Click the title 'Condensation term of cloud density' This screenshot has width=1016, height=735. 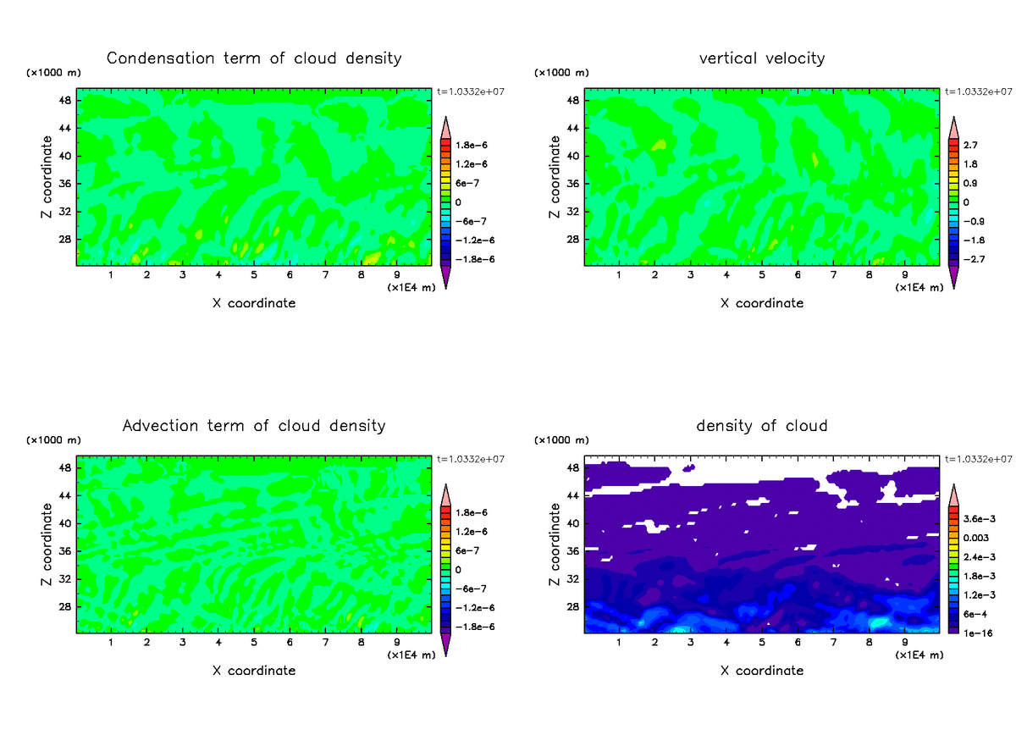pyautogui.click(x=254, y=58)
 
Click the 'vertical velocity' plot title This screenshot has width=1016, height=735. pyautogui.click(x=762, y=58)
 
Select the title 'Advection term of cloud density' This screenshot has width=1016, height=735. pyautogui.click(x=254, y=425)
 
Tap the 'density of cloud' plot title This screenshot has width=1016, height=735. pyautogui.click(x=762, y=425)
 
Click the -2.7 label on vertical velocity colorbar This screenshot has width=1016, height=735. pyautogui.click(x=975, y=259)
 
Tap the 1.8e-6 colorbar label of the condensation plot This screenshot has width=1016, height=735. pyautogui.click(x=471, y=146)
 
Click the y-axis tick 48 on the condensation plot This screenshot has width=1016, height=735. pyautogui.click(x=63, y=101)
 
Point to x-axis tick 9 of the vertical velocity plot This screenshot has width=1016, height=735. pyautogui.click(x=904, y=274)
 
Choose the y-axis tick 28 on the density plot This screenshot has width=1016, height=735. pyautogui.click(x=571, y=607)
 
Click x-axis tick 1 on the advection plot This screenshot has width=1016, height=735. pyautogui.click(x=111, y=641)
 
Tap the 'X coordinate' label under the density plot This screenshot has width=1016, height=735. pyautogui.click(x=762, y=670)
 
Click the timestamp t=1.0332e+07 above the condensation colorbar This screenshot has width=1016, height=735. pyautogui.click(x=470, y=91)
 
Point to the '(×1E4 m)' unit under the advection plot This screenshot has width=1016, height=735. pyautogui.click(x=411, y=655)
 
